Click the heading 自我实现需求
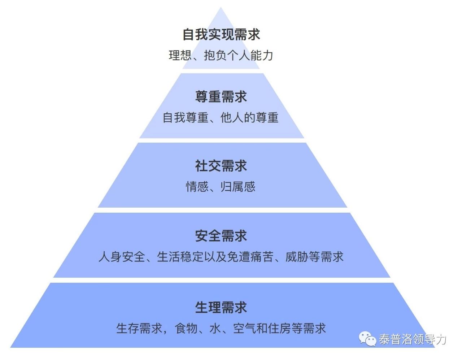(221, 34)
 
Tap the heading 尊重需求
(221, 96)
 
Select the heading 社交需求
(221, 166)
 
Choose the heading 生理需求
(221, 307)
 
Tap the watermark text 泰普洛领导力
(412, 339)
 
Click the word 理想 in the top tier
(180, 55)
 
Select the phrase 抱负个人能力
(238, 55)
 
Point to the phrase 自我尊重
(186, 118)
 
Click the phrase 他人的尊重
(249, 118)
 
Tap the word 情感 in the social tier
(197, 187)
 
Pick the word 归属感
(238, 187)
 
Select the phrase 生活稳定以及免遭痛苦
(215, 257)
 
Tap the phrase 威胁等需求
(314, 257)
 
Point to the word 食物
(186, 328)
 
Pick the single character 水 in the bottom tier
(215, 328)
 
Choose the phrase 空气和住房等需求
(279, 328)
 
